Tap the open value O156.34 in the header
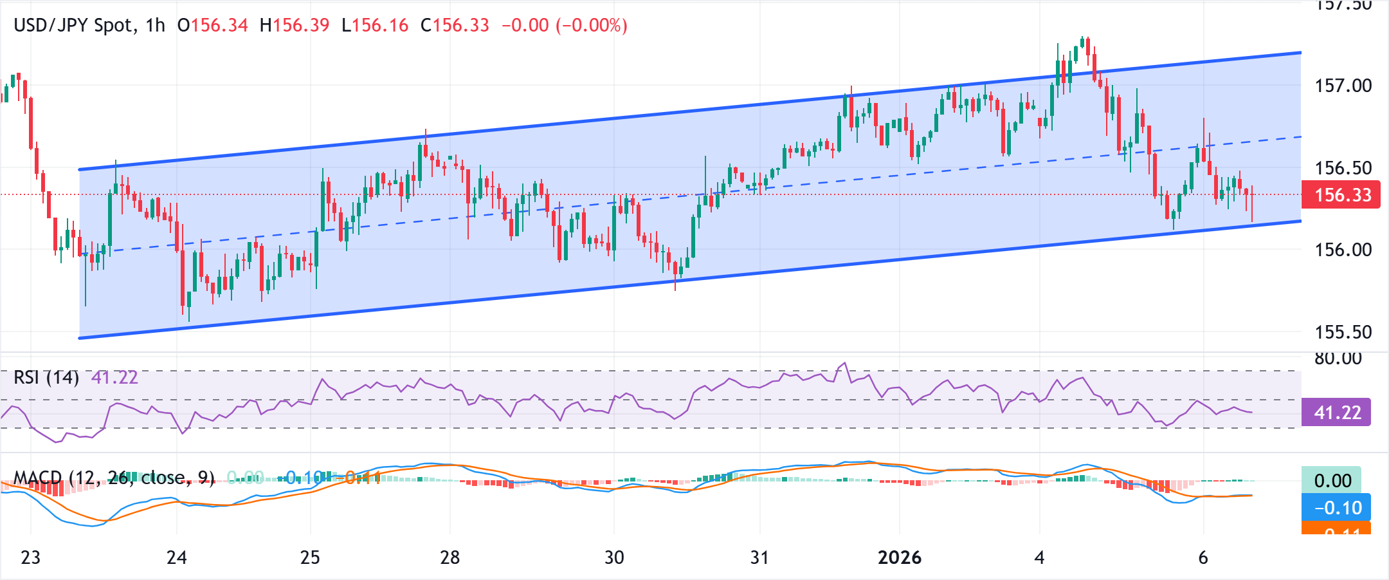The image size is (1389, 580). [212, 25]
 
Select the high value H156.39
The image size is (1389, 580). [295, 25]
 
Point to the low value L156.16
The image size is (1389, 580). [375, 25]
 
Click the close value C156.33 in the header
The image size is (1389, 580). [455, 25]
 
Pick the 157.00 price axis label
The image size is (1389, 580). [1343, 86]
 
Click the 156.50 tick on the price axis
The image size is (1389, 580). [1343, 168]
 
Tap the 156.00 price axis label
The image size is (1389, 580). [1343, 250]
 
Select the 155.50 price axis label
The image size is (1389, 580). [1343, 332]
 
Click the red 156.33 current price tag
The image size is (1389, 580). [1341, 194]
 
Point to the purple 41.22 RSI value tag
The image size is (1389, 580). [1336, 412]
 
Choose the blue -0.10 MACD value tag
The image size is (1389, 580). [1336, 507]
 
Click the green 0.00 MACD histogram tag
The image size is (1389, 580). [1331, 480]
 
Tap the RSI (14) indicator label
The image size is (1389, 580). [46, 377]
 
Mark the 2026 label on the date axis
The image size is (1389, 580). [899, 557]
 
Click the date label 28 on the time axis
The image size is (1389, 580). [449, 557]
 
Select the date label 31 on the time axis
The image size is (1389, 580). [759, 557]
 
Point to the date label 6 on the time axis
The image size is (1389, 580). [1203, 557]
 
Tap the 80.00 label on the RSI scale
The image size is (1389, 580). [1338, 359]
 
